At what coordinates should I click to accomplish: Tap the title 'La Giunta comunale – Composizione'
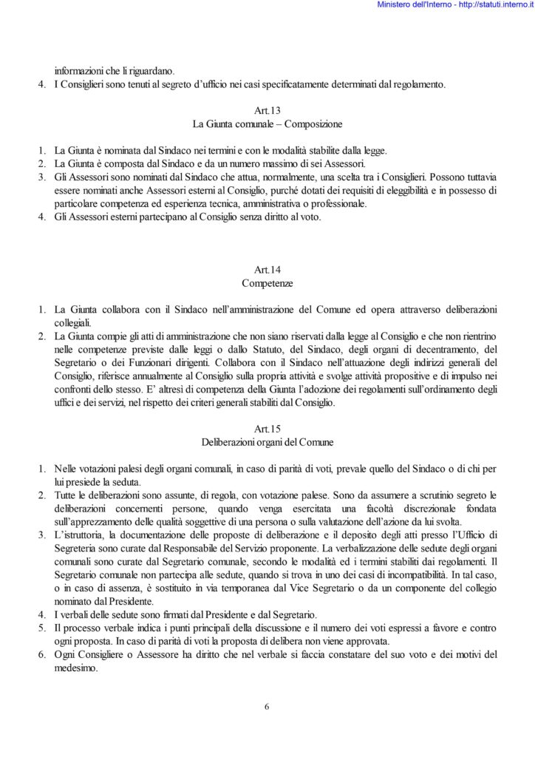click(267, 124)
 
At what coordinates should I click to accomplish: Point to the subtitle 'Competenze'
click(267, 284)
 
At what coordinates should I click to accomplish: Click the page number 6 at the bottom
click(267, 706)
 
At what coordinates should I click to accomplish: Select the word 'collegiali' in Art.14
click(72, 324)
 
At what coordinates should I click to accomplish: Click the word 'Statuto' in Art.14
click(268, 350)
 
